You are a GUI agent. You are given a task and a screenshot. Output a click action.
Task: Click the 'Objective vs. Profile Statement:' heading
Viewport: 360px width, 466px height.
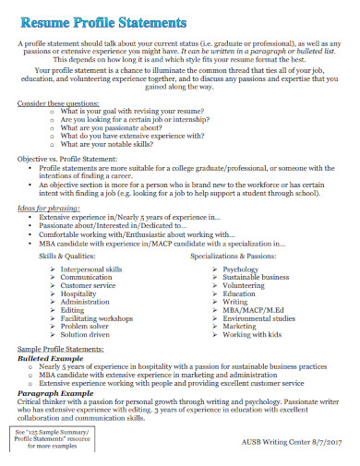pos(69,160)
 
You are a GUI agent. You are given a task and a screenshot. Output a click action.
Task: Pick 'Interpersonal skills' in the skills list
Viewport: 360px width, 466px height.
pos(91,269)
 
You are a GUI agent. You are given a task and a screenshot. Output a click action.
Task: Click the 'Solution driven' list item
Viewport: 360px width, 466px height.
pos(88,334)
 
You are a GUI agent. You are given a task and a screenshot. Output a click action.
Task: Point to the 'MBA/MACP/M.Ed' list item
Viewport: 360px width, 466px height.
pos(250,309)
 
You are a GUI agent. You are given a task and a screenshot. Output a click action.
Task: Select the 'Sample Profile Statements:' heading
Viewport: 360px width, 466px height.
pos(62,350)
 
